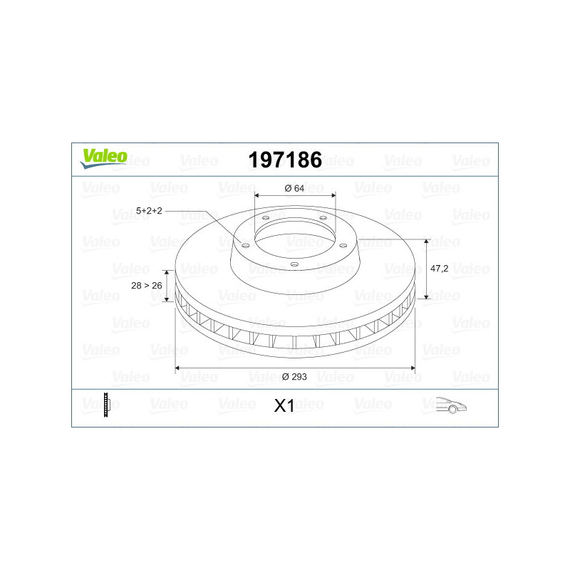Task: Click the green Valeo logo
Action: pos(103,158)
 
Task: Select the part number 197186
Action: pos(285,160)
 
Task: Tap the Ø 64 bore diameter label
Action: pos(294,188)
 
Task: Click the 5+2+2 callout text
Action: pos(149,211)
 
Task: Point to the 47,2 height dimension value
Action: pos(439,269)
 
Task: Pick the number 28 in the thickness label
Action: pos(136,286)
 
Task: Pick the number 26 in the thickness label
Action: pos(157,286)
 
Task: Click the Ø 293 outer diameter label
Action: pos(294,377)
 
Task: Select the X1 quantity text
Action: pos(284,406)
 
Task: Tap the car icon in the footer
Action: pos(451,405)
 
